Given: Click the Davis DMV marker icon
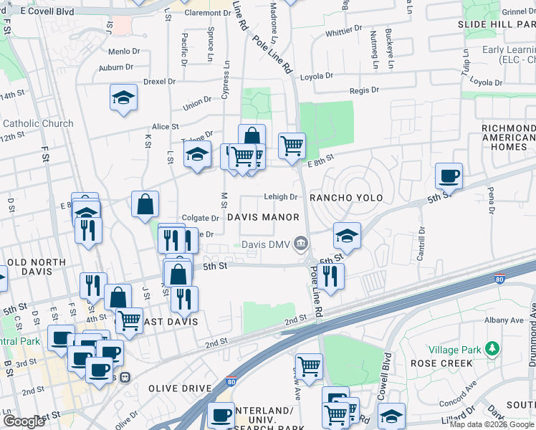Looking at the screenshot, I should [302, 244].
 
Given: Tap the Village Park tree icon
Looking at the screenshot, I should [492, 349].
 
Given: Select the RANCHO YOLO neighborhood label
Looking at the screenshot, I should [345, 197].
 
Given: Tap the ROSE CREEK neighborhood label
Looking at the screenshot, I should [441, 363].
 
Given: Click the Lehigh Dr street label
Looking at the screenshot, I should [280, 197].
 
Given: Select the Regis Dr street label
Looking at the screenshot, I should [365, 90].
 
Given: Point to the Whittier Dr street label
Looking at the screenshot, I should [344, 33].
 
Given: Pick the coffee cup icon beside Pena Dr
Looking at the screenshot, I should [449, 175].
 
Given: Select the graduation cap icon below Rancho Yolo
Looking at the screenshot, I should [347, 236].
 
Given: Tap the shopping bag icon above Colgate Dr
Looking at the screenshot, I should [145, 204].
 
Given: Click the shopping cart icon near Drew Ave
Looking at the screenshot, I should [309, 366].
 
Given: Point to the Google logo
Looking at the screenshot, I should [24, 421].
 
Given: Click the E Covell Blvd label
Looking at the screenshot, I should [47, 12].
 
